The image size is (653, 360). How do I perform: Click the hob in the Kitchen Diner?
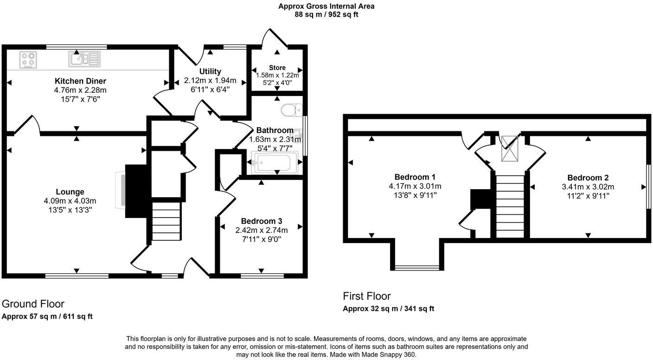pyautogui.click(x=28, y=60)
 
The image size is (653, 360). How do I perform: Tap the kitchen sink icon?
pyautogui.click(x=84, y=58)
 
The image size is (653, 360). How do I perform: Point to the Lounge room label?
pyautogui.click(x=70, y=192)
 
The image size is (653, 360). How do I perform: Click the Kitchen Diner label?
pyautogui.click(x=80, y=81)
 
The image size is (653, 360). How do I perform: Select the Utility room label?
pyautogui.click(x=210, y=71)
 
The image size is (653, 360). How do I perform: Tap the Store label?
pyautogui.click(x=277, y=68)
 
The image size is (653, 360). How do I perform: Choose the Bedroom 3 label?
pyautogui.click(x=262, y=221)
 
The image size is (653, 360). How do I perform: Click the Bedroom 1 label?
pyautogui.click(x=415, y=177)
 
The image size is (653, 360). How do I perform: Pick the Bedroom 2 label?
pyautogui.click(x=588, y=177)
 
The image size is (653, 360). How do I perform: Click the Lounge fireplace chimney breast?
pyautogui.click(x=135, y=190)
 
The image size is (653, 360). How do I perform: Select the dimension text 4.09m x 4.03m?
pyautogui.click(x=70, y=201)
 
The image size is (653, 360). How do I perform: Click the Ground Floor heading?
pyautogui.click(x=33, y=304)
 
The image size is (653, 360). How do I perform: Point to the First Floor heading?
pyautogui.click(x=366, y=296)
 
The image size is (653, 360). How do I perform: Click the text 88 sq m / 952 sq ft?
pyautogui.click(x=326, y=14)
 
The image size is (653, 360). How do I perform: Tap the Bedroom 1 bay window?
pyautogui.click(x=416, y=267)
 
